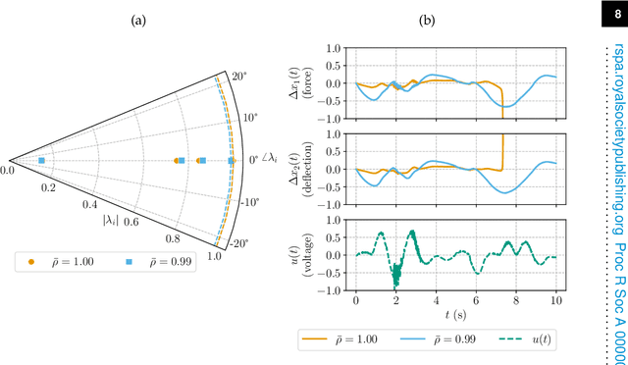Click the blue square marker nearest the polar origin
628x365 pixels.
41,160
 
